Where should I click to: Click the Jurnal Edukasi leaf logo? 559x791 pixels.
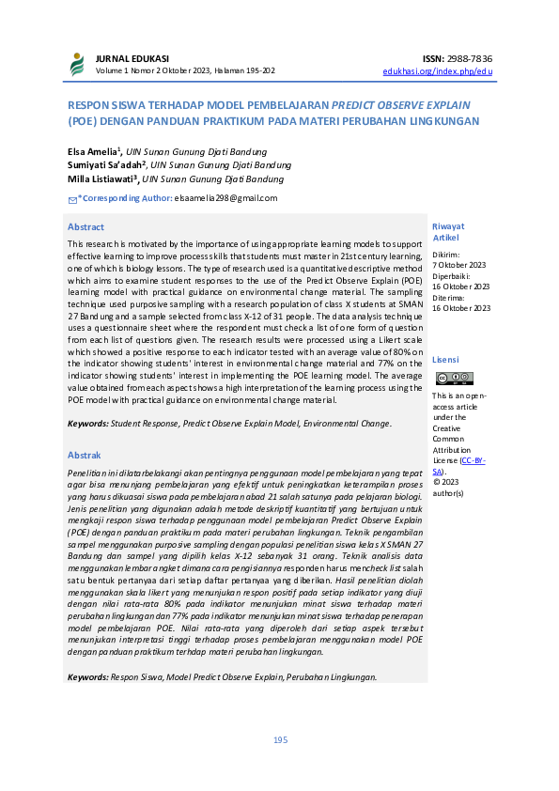(77, 64)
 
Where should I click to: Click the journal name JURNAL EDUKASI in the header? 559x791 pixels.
(127, 58)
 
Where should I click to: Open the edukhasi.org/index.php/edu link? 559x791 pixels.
(437, 70)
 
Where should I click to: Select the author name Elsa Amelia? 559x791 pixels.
(92, 151)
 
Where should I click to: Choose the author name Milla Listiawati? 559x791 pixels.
(101, 178)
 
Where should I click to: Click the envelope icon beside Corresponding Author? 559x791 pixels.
(72, 198)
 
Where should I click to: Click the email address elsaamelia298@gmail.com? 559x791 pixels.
(225, 197)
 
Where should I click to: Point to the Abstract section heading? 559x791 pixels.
(85, 227)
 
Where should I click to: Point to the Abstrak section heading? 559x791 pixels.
(85, 455)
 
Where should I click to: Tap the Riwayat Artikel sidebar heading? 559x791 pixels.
(447, 232)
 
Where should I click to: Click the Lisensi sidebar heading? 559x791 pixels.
(445, 360)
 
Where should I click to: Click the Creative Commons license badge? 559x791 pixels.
(454, 378)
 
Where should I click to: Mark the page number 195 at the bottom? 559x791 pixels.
(280, 740)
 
